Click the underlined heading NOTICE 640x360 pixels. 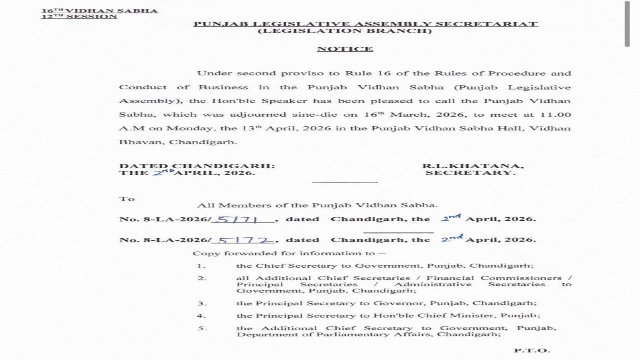coord(345,49)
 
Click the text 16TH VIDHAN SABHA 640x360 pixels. coord(99,10)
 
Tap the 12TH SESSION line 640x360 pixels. coord(79,16)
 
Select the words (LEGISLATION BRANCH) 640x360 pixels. coord(345,31)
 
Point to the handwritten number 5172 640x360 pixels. coord(245,240)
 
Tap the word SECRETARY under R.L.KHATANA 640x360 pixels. coord(470,173)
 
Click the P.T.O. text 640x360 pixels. coord(532,350)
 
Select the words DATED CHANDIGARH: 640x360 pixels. coord(197,166)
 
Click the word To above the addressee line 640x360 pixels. coord(127,199)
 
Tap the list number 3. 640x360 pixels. coord(201,303)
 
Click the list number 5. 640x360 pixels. coord(201,328)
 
